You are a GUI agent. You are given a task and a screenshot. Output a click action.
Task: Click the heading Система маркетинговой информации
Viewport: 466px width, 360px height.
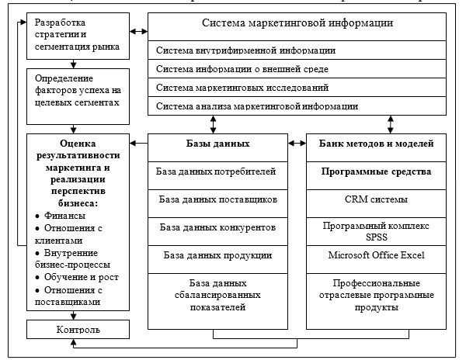(x=297, y=23)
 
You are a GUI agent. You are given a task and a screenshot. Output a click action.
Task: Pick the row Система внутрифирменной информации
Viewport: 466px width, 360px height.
(x=297, y=50)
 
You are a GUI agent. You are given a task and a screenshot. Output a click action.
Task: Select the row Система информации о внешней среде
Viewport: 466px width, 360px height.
(x=297, y=69)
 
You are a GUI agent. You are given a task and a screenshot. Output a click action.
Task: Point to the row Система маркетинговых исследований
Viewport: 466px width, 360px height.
(x=297, y=88)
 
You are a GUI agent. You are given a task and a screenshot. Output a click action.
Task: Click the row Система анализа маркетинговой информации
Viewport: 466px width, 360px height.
(x=297, y=106)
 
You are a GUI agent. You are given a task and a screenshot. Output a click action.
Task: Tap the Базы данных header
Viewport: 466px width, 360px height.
(x=217, y=144)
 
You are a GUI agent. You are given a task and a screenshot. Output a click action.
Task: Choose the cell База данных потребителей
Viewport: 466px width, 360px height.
(x=217, y=171)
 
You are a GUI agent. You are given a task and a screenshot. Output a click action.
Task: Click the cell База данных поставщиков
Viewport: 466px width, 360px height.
(x=217, y=199)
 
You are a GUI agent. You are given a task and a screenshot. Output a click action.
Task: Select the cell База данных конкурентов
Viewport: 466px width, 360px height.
(x=217, y=227)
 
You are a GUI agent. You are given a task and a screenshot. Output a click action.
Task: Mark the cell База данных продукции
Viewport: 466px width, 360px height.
(x=217, y=255)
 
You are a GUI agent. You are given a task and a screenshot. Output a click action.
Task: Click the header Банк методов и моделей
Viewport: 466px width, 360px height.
(x=377, y=144)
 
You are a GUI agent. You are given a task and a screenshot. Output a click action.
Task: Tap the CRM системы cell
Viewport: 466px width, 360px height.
(x=377, y=199)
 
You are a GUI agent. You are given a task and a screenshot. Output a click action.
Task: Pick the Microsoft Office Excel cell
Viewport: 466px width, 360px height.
(x=377, y=255)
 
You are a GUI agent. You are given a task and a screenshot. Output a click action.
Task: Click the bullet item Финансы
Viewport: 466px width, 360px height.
(x=65, y=215)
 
